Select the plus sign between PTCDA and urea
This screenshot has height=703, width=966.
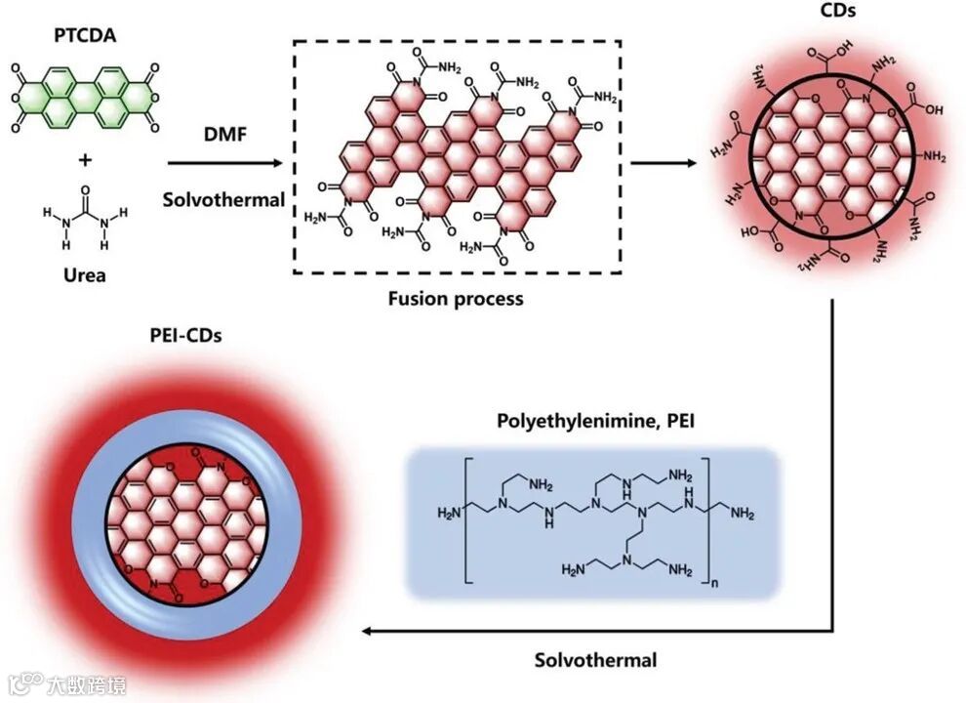84,158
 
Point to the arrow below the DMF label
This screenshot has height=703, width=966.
223,164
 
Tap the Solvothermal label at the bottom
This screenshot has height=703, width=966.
595,660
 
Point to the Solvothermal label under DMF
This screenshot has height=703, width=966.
223,200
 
